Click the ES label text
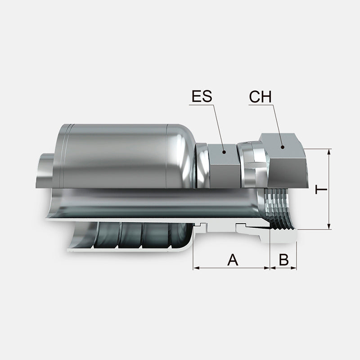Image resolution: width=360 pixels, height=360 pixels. (202, 96)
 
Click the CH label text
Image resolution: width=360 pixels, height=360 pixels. (261, 97)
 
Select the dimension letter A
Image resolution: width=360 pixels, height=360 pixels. (233, 260)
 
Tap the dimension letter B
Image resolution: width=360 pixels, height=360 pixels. (284, 260)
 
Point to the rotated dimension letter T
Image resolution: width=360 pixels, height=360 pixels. (321, 189)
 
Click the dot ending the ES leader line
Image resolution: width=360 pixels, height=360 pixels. (224, 152)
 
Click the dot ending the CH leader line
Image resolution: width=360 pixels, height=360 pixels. (283, 147)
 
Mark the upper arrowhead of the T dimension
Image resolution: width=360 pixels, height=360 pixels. (329, 152)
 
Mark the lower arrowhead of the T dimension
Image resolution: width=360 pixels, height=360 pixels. (329, 226)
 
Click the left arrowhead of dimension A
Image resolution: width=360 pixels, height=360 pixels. (196, 268)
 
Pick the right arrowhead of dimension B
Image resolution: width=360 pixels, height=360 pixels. (294, 268)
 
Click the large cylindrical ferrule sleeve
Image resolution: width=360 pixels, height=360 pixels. (124, 156)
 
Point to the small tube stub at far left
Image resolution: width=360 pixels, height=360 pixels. (45, 171)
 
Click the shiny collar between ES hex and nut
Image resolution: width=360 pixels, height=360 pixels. (252, 165)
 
